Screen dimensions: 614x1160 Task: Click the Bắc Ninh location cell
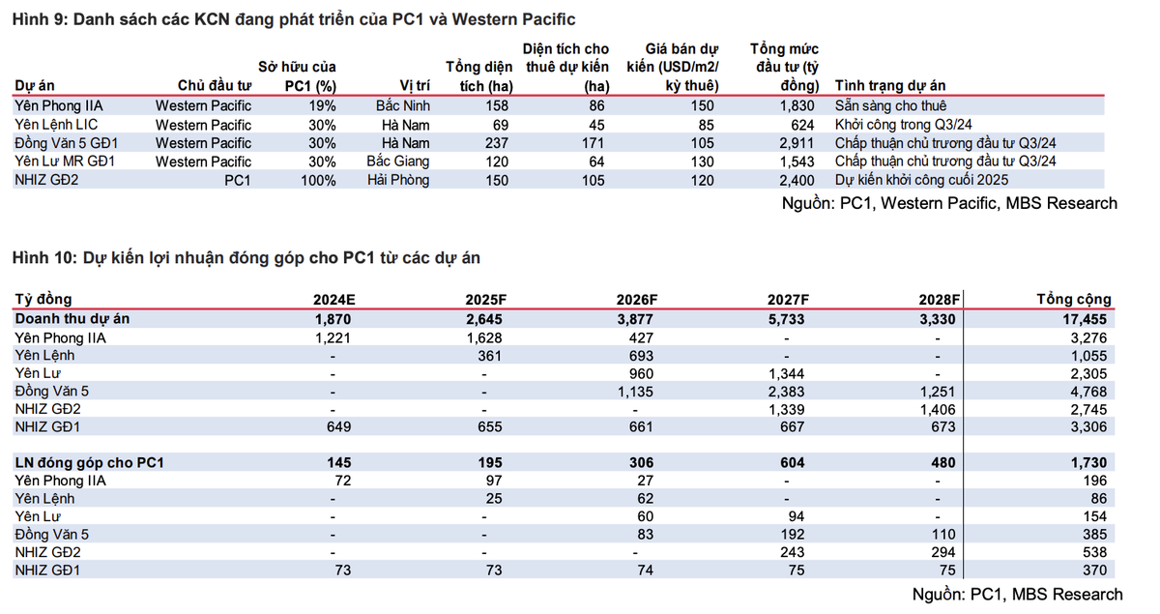coord(403,106)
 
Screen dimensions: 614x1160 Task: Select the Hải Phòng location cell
coord(398,180)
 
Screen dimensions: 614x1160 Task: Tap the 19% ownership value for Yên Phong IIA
coord(322,106)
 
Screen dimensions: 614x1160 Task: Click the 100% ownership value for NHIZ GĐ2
coord(317,180)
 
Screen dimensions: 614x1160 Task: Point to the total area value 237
coord(500,143)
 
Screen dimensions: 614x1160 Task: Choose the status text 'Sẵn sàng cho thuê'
coord(890,106)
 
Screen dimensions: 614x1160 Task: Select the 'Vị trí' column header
coord(415,85)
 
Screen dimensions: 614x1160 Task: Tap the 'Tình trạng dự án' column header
coord(889,85)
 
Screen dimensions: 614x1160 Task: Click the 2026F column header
coord(639,299)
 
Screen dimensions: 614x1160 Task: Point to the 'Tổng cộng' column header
coord(1073,299)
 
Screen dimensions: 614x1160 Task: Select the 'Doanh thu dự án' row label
coord(72,318)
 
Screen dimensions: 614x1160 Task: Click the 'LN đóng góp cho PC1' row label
coord(89,463)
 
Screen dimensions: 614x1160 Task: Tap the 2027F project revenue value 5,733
coord(786,318)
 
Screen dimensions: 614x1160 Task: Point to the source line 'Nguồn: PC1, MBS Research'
coord(1018,594)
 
